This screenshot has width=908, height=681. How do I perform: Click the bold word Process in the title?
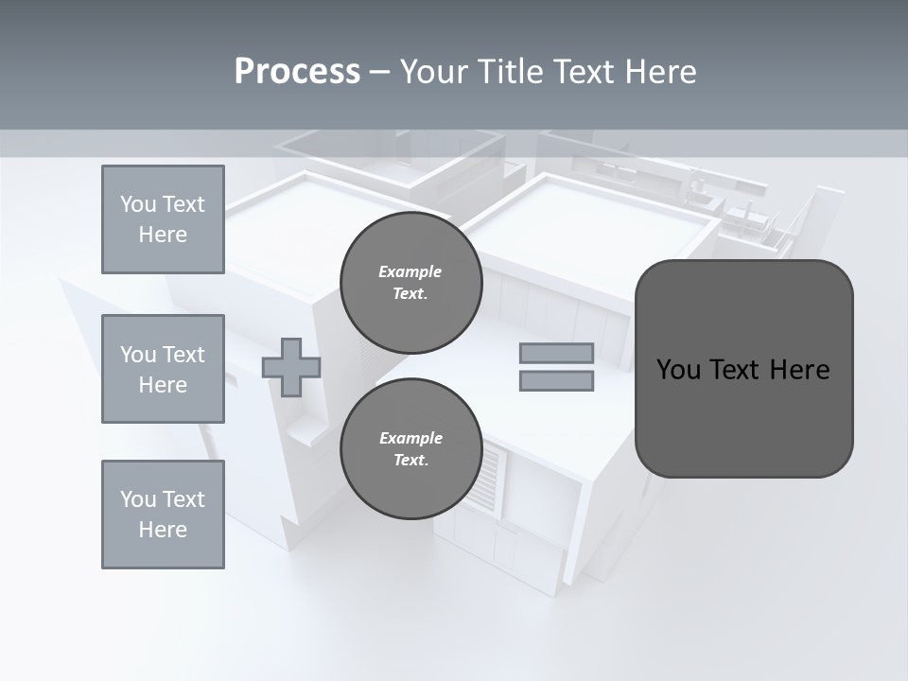click(297, 72)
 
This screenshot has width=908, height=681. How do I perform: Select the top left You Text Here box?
click(163, 219)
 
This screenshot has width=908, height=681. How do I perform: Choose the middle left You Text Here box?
click(163, 369)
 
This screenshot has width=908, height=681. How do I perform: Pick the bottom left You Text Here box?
click(163, 515)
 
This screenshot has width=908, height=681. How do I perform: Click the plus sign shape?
click(291, 367)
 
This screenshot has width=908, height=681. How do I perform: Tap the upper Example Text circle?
click(410, 283)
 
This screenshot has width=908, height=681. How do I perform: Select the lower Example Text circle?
click(410, 449)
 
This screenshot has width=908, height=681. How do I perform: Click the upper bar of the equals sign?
click(556, 353)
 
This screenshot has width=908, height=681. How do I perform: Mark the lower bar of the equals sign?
click(556, 381)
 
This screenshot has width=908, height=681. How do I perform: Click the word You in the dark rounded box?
click(678, 370)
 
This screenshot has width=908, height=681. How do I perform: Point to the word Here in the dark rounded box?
click(799, 370)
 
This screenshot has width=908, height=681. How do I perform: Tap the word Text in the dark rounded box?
click(736, 370)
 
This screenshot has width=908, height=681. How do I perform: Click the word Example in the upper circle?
click(410, 271)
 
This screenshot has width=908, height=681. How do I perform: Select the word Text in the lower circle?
click(410, 461)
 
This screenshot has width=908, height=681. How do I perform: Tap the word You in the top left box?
click(137, 204)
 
